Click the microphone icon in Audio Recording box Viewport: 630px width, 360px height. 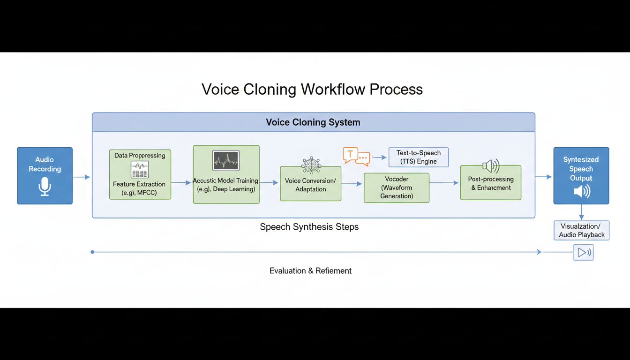pyautogui.click(x=45, y=187)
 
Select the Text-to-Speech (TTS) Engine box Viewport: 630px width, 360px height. pyautogui.click(x=418, y=157)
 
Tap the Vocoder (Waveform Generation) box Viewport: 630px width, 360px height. pyautogui.click(x=396, y=187)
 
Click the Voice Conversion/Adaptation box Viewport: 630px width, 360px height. pyautogui.click(x=310, y=185)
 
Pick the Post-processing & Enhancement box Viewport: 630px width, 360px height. pyautogui.click(x=490, y=183)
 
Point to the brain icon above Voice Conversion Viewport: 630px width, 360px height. pyautogui.click(x=311, y=165)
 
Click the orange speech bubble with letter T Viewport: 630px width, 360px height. pyautogui.click(x=350, y=154)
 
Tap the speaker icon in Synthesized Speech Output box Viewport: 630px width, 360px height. pyautogui.click(x=581, y=191)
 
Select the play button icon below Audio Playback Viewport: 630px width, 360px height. pyautogui.click(x=583, y=253)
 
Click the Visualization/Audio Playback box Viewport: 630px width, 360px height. pyautogui.click(x=581, y=230)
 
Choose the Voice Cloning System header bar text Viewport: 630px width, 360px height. pyautogui.click(x=313, y=122)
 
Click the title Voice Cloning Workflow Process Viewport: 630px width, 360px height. pyautogui.click(x=312, y=89)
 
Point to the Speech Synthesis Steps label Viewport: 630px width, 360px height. pyautogui.click(x=309, y=227)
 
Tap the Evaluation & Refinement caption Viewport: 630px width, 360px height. pyautogui.click(x=310, y=270)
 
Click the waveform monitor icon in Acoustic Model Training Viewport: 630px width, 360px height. pyautogui.click(x=226, y=160)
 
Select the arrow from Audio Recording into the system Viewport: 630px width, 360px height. pyautogui.click(x=82, y=177)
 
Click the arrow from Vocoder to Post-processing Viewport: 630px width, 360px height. pyautogui.click(x=444, y=183)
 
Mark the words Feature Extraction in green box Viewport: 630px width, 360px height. pyautogui.click(x=139, y=184)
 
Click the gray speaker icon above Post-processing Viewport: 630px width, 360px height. pyautogui.click(x=490, y=166)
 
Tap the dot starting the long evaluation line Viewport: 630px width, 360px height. pyautogui.click(x=92, y=252)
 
